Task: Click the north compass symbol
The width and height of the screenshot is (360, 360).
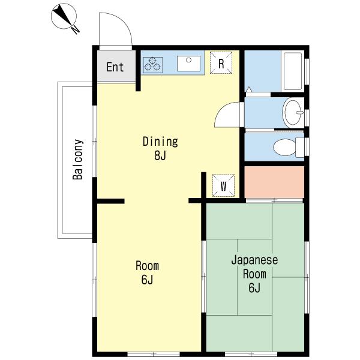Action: [64, 17]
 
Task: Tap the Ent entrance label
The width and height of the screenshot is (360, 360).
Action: [115, 67]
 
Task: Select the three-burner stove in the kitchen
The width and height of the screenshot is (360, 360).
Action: [153, 65]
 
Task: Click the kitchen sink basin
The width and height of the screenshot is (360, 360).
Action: [189, 64]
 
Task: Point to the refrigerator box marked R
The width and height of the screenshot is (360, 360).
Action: [221, 62]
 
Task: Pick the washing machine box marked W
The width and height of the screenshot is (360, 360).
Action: [223, 185]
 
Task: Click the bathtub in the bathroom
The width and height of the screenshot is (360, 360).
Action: [293, 71]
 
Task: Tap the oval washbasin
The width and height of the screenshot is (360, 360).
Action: [293, 113]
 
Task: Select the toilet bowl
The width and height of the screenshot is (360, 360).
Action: [289, 147]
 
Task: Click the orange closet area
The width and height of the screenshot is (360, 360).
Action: [274, 182]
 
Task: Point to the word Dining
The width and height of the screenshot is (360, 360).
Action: [160, 142]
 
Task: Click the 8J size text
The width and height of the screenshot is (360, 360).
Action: [160, 155]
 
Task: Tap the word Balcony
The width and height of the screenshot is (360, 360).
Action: [78, 159]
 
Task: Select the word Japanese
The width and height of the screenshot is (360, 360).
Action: [254, 260]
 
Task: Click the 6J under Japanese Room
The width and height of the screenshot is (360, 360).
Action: [254, 287]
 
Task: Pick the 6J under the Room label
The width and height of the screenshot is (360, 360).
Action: [147, 280]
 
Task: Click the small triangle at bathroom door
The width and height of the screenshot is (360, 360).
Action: [248, 89]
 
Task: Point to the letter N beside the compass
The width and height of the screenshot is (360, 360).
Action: [76, 30]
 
